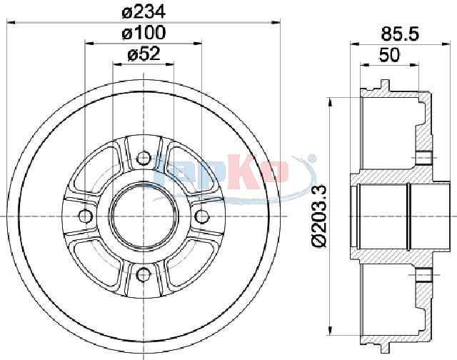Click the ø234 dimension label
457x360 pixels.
[144, 13]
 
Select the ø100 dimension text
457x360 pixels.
[144, 33]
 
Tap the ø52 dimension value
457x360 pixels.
[144, 54]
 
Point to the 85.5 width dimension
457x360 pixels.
[400, 34]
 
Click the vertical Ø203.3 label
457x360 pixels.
[319, 216]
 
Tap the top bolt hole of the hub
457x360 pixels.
[144, 159]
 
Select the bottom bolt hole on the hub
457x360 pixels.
[144, 274]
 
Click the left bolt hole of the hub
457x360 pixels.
[86, 216]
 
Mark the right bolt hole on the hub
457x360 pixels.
[201, 216]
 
